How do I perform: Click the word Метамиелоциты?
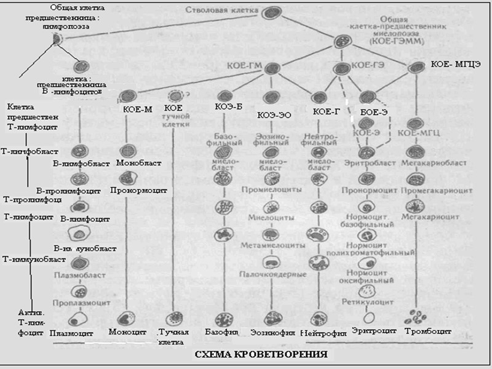point(273,245)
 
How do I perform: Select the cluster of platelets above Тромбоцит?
point(419,317)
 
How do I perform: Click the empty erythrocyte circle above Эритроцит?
point(369,318)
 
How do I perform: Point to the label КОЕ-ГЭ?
point(369,65)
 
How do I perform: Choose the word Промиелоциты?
point(272,190)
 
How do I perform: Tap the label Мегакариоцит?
point(422,217)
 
